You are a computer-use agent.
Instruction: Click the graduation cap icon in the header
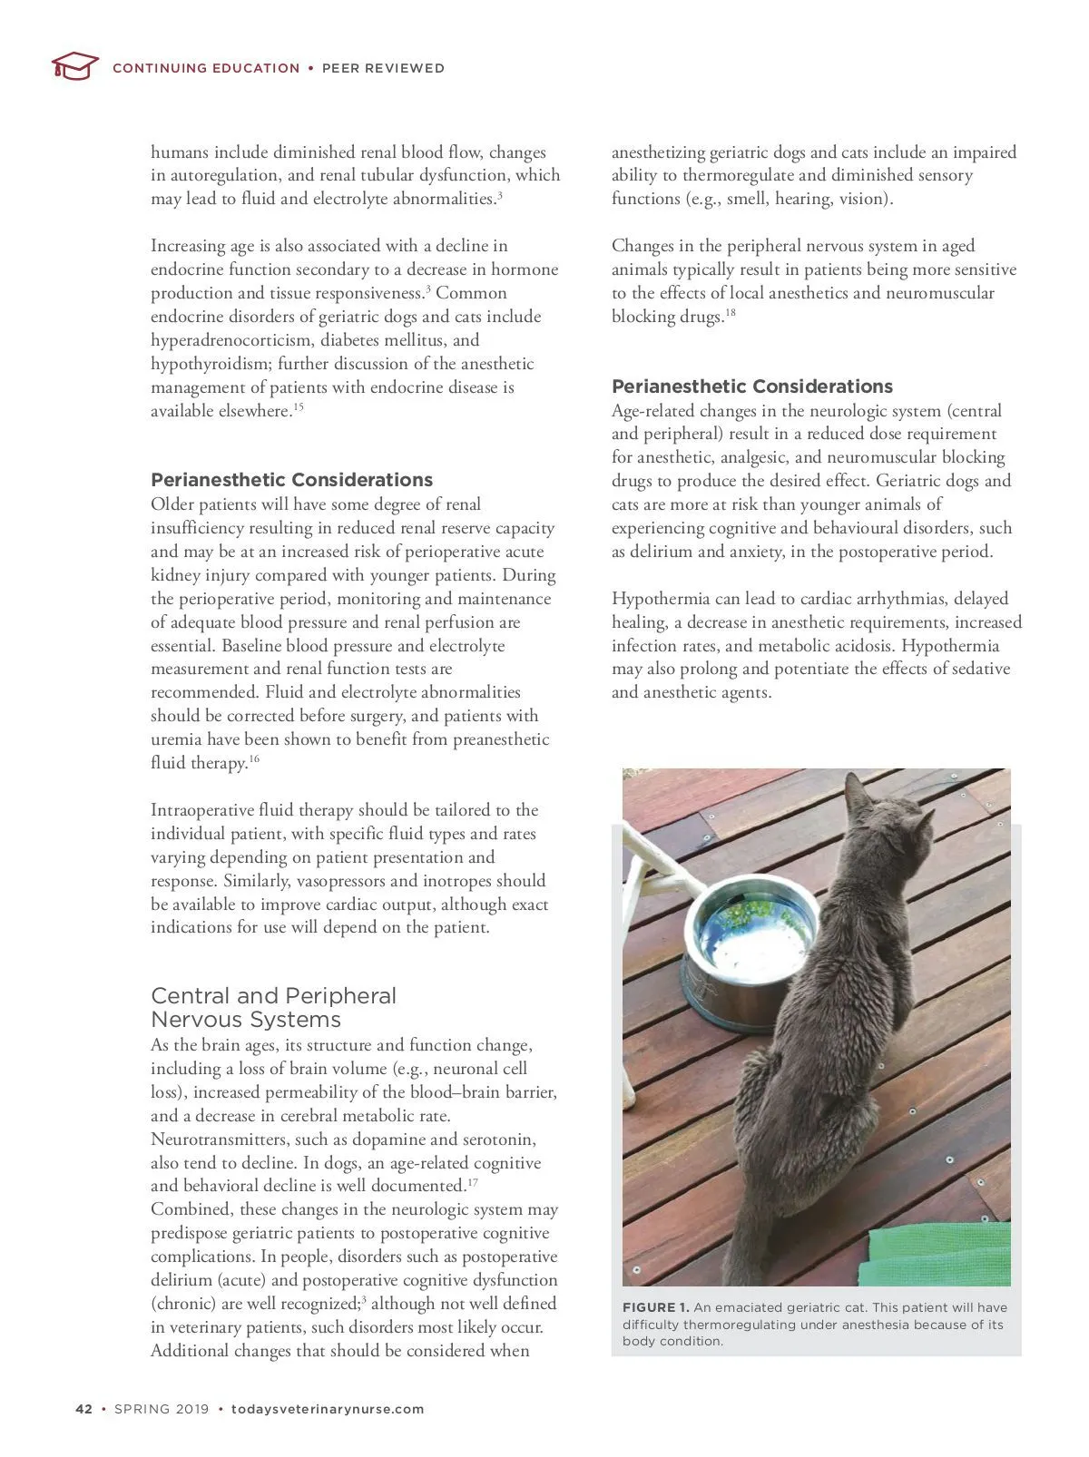coord(74,66)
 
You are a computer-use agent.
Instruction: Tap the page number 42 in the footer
coord(83,1409)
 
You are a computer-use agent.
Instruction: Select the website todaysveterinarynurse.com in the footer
coord(328,1409)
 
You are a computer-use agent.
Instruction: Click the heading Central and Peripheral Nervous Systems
coord(273,1007)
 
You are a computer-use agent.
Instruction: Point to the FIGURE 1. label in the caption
coord(655,1307)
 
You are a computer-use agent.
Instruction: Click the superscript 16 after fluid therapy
coord(254,758)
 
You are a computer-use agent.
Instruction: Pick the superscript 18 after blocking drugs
coord(731,313)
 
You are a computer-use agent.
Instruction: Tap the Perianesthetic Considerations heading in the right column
coord(752,386)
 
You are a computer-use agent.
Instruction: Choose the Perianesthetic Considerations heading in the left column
coord(291,480)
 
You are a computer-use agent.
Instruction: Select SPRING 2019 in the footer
coord(162,1409)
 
